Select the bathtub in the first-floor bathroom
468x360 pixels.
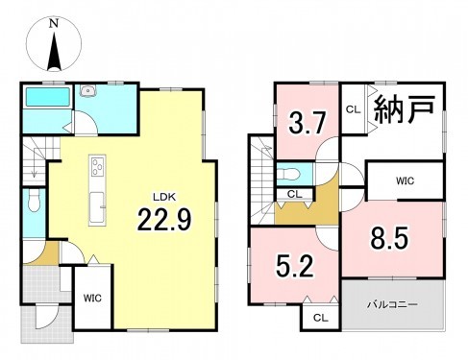tap(45, 99)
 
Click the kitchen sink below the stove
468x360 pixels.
tap(97, 204)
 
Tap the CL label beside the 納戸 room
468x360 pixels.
tap(352, 108)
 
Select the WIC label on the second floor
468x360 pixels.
tap(405, 180)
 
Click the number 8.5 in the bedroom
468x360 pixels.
tap(391, 236)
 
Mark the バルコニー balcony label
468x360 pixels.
tap(391, 304)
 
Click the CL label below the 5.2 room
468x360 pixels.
tap(318, 316)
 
